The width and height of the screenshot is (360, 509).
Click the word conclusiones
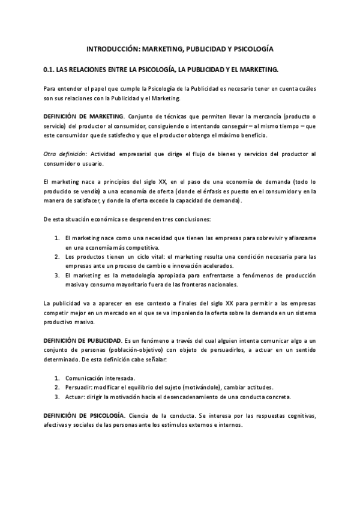[198, 218]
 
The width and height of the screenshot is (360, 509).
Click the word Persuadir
[79, 387]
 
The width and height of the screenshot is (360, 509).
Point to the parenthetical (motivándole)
[208, 387]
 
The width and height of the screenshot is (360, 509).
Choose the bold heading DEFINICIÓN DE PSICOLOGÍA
[84, 415]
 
